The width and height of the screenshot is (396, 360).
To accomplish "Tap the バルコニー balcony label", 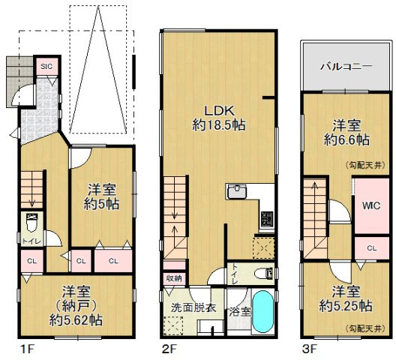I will (346, 66).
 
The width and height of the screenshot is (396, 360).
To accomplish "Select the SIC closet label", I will (46, 66).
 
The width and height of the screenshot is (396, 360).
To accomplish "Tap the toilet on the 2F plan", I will (262, 272).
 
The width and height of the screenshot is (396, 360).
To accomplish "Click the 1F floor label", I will (27, 349).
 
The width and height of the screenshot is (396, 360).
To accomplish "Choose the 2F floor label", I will (168, 349).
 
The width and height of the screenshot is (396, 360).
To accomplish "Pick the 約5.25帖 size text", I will (346, 305).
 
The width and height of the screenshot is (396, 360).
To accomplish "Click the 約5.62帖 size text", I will (76, 320).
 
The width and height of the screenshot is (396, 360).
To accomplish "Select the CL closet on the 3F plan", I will (372, 248).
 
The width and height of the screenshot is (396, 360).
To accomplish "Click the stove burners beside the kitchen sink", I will (266, 220).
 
